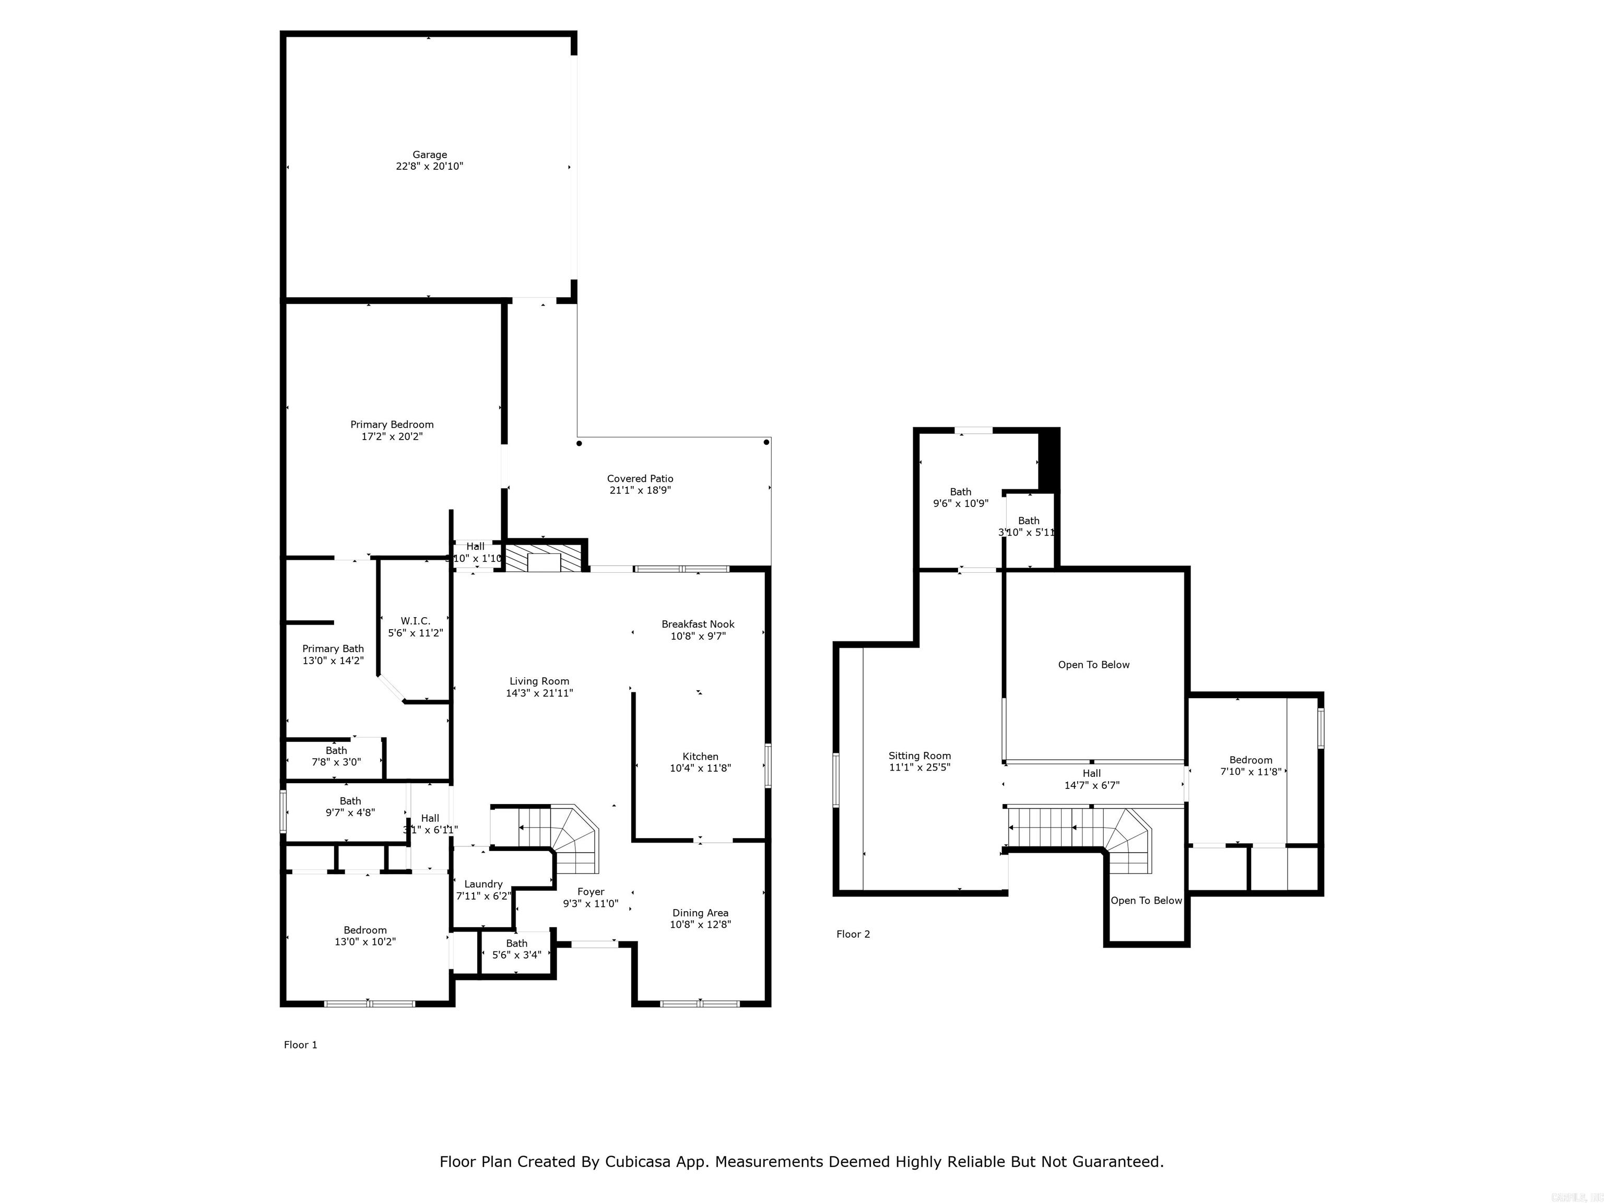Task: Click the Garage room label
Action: coord(429,155)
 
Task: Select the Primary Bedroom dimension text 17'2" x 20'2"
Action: coord(392,437)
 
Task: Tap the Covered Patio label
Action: coord(640,479)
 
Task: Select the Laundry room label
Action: coord(483,884)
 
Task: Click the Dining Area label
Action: coord(700,913)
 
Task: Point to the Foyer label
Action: coord(590,892)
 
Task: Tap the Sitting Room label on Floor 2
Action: coord(919,756)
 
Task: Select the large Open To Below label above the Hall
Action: coord(1093,665)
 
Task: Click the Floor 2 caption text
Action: coord(853,934)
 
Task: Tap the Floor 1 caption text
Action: coord(300,1045)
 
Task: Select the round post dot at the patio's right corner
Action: coord(766,442)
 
